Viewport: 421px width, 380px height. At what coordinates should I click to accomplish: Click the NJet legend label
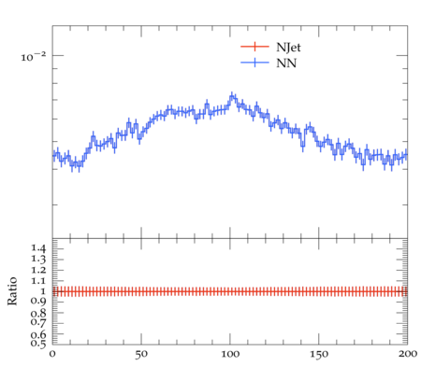click(288, 48)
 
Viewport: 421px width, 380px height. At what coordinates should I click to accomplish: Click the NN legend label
click(286, 63)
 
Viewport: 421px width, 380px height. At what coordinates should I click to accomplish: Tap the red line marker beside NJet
click(254, 47)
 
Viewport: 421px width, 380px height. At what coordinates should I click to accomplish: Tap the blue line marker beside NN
click(254, 63)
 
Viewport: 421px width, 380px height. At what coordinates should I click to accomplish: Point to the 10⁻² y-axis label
click(33, 56)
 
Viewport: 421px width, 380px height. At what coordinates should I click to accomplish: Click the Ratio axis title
click(12, 291)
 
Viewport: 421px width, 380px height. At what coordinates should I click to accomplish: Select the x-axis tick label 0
click(52, 354)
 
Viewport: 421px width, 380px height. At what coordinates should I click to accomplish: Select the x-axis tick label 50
click(141, 354)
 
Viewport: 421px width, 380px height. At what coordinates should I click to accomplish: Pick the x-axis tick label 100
click(230, 354)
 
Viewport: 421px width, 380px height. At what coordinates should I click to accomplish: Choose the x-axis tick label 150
click(319, 354)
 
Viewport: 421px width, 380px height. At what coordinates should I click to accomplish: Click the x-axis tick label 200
click(408, 354)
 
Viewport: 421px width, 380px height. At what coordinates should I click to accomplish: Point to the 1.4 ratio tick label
click(38, 248)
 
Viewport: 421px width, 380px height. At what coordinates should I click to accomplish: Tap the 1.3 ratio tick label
click(38, 259)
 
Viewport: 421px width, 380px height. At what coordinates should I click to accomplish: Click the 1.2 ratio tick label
click(38, 270)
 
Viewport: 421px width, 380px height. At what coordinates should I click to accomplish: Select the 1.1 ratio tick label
click(38, 281)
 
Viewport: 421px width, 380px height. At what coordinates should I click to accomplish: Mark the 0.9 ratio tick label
click(38, 302)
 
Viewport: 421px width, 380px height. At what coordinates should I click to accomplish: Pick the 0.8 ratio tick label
click(38, 313)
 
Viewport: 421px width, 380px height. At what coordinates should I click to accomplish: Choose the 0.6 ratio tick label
click(38, 334)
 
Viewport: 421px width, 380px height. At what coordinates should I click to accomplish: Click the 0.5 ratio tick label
click(38, 344)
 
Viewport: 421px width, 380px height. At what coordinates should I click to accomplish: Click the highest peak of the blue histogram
click(232, 96)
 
